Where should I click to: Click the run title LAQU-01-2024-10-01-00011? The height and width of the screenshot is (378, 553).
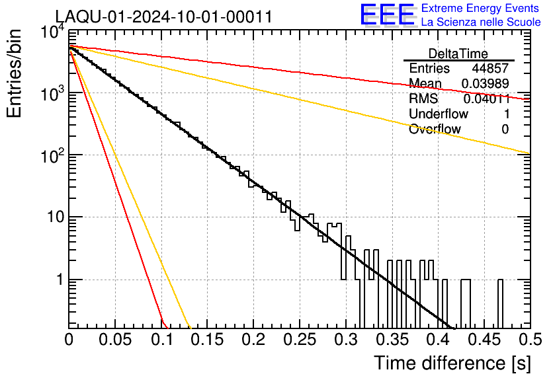(x=163, y=17)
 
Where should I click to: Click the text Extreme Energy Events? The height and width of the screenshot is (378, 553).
(x=481, y=9)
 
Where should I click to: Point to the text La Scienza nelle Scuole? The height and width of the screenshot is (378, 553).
(x=481, y=22)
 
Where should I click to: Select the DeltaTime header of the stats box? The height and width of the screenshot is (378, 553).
(x=458, y=53)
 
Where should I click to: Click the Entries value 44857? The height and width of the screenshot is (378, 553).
(x=490, y=69)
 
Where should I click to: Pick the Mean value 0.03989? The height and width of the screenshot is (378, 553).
(x=485, y=83)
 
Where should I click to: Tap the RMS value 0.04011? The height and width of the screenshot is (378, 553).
(x=486, y=98)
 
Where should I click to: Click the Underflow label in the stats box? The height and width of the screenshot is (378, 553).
(x=439, y=114)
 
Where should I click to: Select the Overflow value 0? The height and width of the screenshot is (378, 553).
(x=505, y=129)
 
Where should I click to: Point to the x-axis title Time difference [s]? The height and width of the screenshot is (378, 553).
(x=450, y=363)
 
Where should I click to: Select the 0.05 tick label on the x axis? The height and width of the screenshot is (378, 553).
(x=115, y=340)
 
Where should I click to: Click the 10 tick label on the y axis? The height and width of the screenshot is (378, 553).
(x=53, y=217)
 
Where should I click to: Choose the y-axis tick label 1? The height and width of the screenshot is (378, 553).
(x=58, y=280)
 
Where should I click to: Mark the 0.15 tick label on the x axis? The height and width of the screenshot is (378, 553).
(x=207, y=340)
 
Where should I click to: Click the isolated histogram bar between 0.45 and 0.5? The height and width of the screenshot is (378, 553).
(x=500, y=304)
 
